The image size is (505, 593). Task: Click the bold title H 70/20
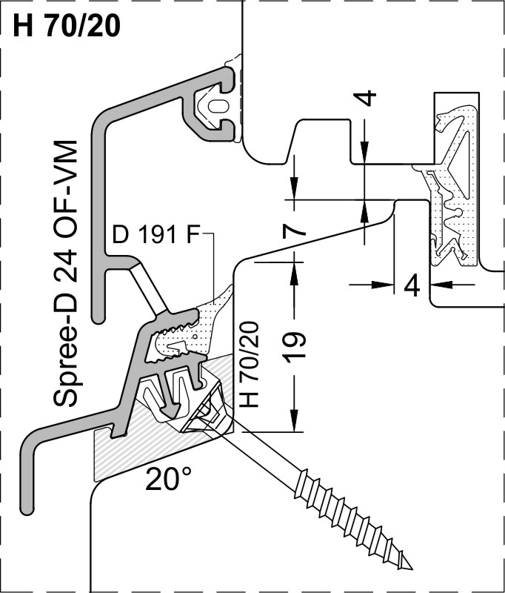click(67, 26)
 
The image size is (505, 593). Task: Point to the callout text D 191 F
click(155, 235)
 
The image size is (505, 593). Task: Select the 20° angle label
click(169, 479)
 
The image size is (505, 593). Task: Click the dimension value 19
click(294, 347)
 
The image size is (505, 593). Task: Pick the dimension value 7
click(294, 230)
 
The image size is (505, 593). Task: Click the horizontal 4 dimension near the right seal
click(412, 285)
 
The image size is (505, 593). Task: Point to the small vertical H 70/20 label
click(249, 364)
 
